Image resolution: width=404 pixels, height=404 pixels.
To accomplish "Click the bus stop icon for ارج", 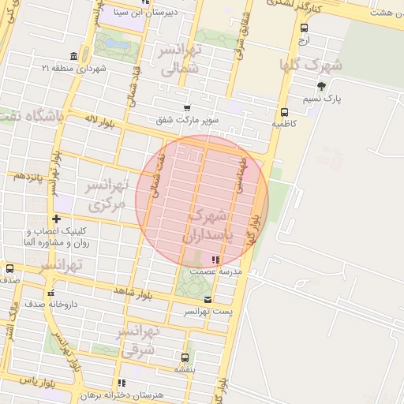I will tap(304, 28).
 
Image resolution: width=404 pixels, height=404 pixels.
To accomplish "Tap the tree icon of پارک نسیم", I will tap(320, 87).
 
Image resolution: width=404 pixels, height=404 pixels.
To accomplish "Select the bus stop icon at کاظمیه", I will tap(284, 112).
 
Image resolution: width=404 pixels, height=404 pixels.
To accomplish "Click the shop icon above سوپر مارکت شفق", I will tap(187, 108).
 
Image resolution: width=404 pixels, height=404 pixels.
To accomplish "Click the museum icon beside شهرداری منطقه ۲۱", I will tap(73, 56).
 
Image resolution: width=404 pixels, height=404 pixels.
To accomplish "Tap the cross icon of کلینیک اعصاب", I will tap(55, 219).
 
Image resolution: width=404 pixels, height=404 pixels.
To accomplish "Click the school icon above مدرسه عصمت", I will tap(216, 260).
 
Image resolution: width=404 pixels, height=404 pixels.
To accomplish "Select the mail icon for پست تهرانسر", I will tap(208, 300).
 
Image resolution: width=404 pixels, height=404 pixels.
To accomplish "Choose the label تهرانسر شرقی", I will tap(140, 340).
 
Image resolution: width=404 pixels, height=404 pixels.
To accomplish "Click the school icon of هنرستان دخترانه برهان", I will tap(121, 383).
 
